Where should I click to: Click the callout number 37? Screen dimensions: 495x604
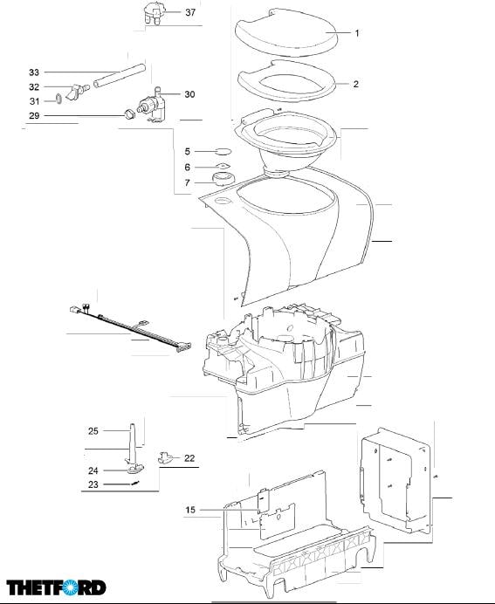pos(190,12)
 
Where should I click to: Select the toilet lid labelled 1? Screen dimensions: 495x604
pos(285,32)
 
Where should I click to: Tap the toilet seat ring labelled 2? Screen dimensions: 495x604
pos(286,82)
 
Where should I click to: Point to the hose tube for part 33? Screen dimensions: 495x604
pos(120,75)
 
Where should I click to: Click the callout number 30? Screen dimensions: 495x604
pos(189,94)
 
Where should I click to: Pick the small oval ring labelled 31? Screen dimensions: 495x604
pos(58,99)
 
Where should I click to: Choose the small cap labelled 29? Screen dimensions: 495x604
pos(129,114)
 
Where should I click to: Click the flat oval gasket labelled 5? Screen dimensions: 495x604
pos(223,151)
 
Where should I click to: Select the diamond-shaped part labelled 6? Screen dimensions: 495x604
pos(223,167)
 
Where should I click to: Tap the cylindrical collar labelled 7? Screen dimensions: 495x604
pos(223,179)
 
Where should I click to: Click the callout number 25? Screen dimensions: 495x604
pos(93,431)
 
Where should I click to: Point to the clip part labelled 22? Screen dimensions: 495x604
pos(166,457)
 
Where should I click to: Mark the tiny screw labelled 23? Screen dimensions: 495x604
pos(134,484)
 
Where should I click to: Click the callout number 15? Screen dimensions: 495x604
pos(190,510)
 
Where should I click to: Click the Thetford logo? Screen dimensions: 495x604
pos(56,587)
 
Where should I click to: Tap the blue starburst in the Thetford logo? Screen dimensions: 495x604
pos(71,587)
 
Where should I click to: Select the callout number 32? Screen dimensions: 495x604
pos(34,87)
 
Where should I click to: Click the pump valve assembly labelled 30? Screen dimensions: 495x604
pos(151,105)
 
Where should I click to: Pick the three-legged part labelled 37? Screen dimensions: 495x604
pos(154,13)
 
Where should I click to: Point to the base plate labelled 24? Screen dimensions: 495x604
pos(135,469)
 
